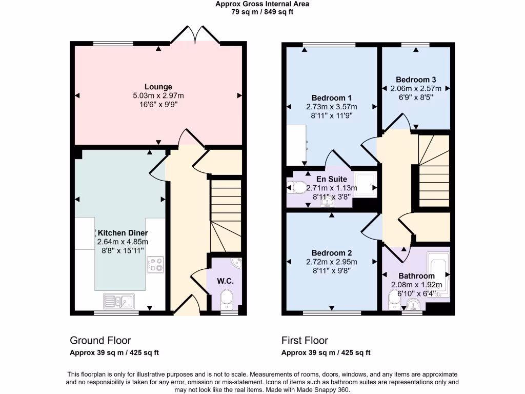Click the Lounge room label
[158, 87]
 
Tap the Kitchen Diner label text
[123, 233]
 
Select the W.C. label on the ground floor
[226, 281]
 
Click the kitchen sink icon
[118, 301]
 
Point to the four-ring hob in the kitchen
[155, 265]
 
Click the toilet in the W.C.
[226, 299]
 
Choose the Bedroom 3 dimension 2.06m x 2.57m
[416, 88]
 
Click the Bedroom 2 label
[331, 253]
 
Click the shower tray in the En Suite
[366, 183]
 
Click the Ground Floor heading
[100, 340]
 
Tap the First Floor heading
[305, 340]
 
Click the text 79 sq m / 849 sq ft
[262, 12]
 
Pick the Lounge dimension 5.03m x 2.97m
[158, 95]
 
